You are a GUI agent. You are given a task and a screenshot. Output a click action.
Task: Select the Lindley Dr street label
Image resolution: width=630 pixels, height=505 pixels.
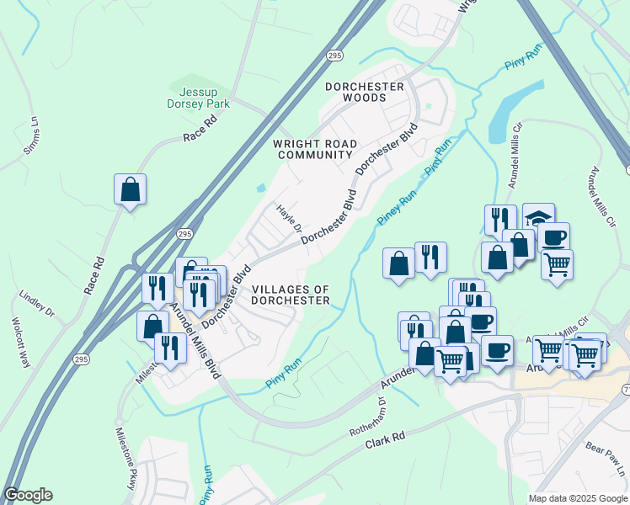click(37, 305)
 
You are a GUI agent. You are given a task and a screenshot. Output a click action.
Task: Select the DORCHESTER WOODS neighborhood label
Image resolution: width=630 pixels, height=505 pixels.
click(365, 92)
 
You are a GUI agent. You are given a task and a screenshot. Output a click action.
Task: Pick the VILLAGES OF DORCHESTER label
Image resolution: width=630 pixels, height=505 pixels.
click(291, 295)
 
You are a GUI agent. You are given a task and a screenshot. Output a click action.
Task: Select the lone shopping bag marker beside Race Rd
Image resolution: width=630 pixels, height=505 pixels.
click(130, 189)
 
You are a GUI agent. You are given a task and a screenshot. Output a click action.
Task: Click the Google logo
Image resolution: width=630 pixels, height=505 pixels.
click(28, 495)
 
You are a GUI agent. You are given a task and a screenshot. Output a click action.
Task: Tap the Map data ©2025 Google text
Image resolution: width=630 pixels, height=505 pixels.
click(578, 498)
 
